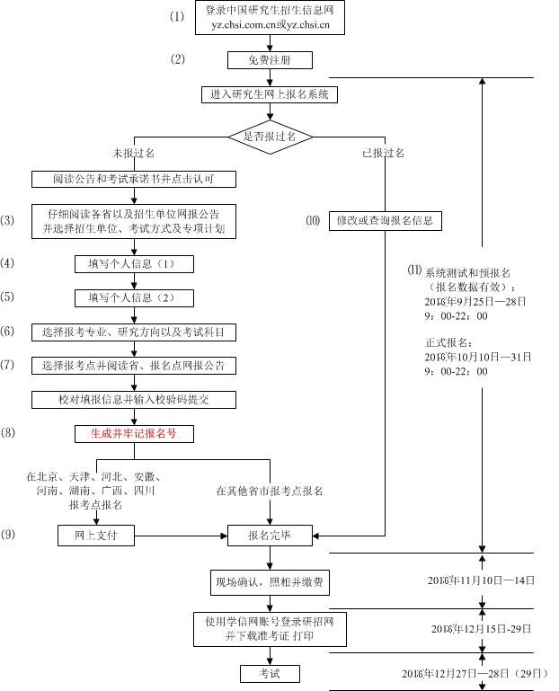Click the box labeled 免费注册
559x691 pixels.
coord(269,60)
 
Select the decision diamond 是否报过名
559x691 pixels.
coord(270,136)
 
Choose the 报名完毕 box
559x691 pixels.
coord(270,536)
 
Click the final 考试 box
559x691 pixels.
coord(270,673)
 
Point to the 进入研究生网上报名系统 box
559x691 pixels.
coord(270,94)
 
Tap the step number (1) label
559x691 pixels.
coord(178,17)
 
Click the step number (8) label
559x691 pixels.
coord(8,433)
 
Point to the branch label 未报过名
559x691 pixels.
coord(132,154)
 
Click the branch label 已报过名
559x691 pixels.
coord(384,154)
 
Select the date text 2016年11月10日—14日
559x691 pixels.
coord(482,581)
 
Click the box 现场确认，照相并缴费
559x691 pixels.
coord(270,581)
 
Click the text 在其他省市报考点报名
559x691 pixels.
coord(270,492)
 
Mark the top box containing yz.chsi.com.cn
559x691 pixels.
coord(270,18)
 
